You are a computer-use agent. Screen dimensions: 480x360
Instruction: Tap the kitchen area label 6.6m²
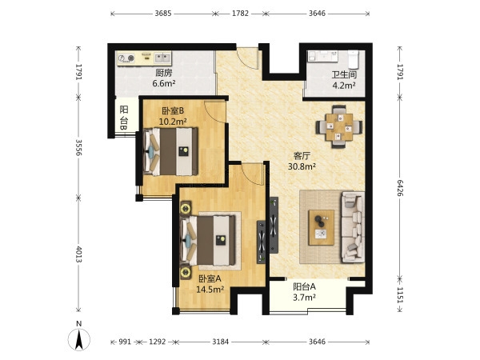(164, 83)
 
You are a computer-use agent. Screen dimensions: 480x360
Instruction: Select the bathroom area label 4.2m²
(344, 85)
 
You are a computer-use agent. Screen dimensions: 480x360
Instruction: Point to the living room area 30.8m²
(302, 166)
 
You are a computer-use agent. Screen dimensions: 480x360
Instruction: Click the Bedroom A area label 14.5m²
(210, 290)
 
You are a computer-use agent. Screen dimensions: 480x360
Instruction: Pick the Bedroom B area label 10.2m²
(173, 122)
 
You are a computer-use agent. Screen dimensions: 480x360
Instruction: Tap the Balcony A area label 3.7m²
(304, 298)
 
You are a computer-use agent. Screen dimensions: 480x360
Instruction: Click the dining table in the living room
(339, 126)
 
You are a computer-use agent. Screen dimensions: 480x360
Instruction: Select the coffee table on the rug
(321, 227)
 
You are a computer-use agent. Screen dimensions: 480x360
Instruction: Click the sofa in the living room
(353, 227)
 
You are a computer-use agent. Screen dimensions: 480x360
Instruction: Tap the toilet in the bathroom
(354, 59)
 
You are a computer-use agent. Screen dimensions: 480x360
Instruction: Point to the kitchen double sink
(162, 58)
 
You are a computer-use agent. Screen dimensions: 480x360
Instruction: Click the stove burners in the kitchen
(126, 58)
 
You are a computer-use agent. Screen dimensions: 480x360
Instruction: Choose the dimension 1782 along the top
(240, 14)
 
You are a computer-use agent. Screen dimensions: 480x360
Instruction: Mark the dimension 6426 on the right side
(400, 188)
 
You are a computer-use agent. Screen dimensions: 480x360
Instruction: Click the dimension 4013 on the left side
(78, 254)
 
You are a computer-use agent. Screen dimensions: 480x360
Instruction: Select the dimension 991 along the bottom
(125, 342)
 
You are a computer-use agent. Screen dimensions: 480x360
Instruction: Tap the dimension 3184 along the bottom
(221, 342)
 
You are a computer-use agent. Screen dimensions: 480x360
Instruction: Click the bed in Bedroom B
(170, 151)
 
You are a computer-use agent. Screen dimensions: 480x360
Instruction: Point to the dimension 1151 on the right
(400, 295)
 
